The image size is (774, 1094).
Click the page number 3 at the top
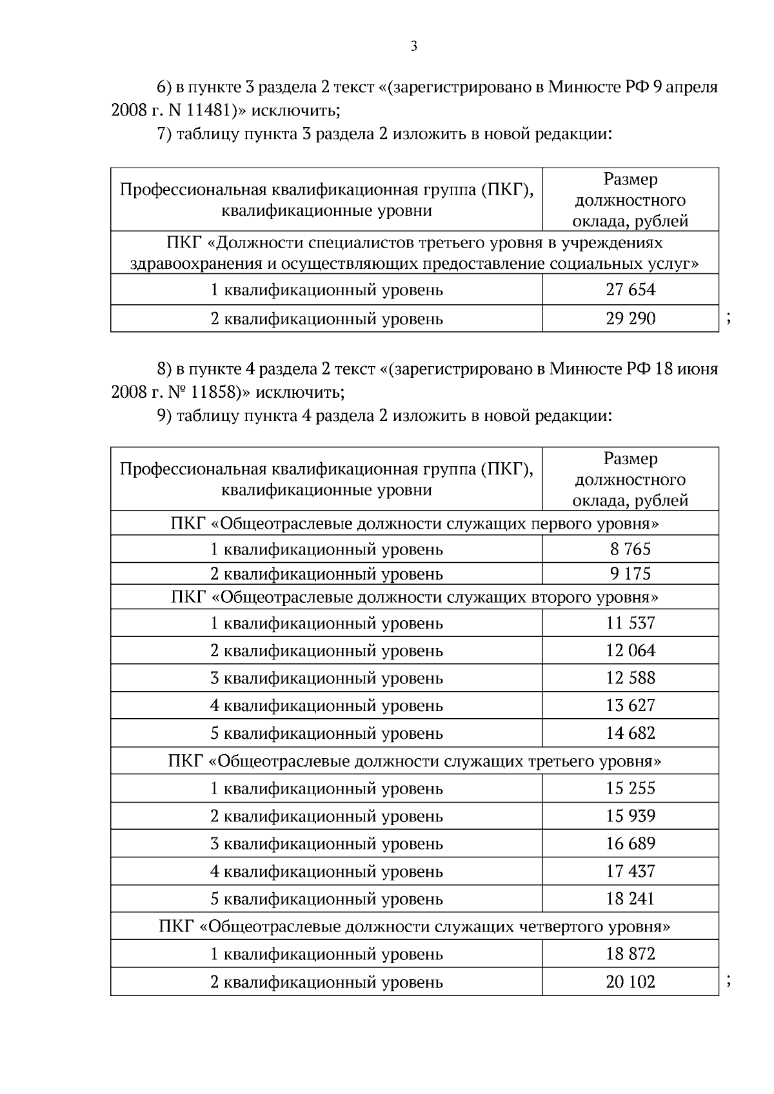[x=413, y=46]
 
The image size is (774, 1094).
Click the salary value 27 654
[x=630, y=289]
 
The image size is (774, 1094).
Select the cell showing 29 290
[x=630, y=318]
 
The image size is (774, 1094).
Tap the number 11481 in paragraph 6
[x=207, y=110]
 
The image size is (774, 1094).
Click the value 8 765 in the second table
[x=630, y=549]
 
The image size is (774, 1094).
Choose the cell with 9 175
[x=630, y=573]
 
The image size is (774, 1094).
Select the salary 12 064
[x=630, y=650]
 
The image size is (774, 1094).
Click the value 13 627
[x=630, y=705]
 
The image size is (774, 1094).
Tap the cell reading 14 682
[x=630, y=733]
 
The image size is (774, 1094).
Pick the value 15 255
[x=630, y=788]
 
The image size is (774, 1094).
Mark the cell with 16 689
[x=630, y=844]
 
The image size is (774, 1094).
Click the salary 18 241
[x=630, y=899]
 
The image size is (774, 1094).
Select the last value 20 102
[x=630, y=982]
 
